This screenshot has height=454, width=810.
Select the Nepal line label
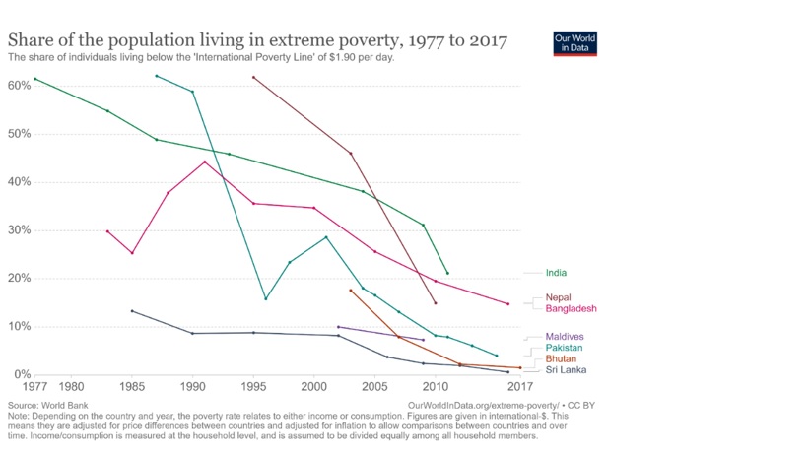click(x=558, y=297)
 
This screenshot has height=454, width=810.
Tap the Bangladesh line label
click(x=571, y=309)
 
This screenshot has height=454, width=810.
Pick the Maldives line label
click(x=565, y=337)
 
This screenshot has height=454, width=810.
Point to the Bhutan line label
click(x=561, y=359)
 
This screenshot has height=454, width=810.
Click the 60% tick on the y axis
click(x=18, y=86)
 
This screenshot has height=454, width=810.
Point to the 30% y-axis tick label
click(x=18, y=230)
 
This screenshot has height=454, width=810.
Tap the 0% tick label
click(x=21, y=375)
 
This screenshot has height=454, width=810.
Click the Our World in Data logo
click(x=575, y=43)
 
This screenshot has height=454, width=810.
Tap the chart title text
click(x=257, y=41)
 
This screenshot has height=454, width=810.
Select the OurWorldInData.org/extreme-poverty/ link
click(x=482, y=405)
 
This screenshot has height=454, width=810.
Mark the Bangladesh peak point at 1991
click(x=205, y=162)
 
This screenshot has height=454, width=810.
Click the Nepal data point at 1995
click(x=253, y=77)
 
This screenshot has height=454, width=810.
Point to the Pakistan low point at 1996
click(x=265, y=298)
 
